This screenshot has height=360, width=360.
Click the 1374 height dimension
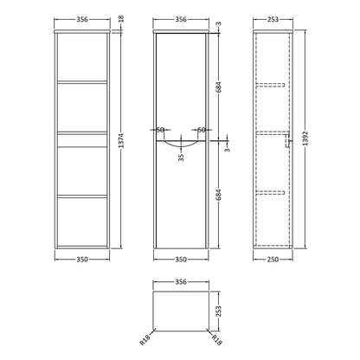click(x=121, y=140)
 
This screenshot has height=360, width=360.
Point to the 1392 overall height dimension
click(x=305, y=138)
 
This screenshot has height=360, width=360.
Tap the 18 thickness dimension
click(x=121, y=18)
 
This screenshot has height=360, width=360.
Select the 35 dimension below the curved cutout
click(x=181, y=157)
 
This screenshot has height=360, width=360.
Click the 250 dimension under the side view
click(x=273, y=260)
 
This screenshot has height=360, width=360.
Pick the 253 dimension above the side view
click(x=273, y=19)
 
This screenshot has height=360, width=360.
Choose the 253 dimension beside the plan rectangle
click(x=218, y=312)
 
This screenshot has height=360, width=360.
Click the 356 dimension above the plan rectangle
click(x=181, y=282)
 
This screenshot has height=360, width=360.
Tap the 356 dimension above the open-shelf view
click(x=82, y=19)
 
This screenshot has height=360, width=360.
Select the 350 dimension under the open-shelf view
click(x=82, y=260)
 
